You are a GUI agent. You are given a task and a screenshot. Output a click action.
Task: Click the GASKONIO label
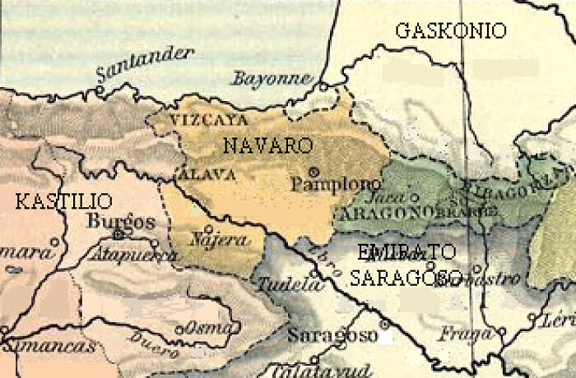point(450,31)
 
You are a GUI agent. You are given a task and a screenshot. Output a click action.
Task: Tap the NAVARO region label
point(268,145)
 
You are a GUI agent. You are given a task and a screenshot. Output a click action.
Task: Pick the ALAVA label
point(207,173)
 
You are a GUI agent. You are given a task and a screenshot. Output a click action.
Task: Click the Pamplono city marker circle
point(314,172)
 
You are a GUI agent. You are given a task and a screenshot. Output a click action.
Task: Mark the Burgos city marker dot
point(118,234)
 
